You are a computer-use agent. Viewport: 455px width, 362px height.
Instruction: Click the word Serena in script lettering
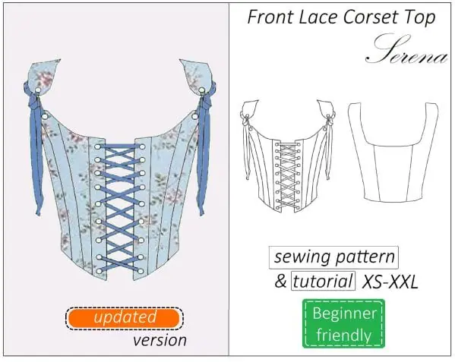coord(406,49)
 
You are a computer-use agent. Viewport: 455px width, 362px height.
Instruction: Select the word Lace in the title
coord(318,17)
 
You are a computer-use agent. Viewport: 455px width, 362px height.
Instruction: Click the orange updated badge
coord(125,318)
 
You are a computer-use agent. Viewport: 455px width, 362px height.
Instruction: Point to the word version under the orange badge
coord(160,340)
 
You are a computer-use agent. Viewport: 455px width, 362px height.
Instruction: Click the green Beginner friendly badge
coord(344,323)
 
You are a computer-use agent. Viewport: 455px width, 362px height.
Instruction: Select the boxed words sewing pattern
coord(333,257)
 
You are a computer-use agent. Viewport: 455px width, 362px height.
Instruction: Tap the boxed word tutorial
coord(323,281)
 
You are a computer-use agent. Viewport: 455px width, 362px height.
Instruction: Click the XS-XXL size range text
coord(390,281)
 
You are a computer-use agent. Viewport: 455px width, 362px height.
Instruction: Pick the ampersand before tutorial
coord(280,281)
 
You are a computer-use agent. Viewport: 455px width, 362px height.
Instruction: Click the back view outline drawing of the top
coord(393,152)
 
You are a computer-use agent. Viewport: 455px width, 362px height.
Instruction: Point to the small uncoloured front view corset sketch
coord(288,156)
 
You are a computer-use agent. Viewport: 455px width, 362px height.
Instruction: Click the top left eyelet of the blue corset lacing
coord(97,146)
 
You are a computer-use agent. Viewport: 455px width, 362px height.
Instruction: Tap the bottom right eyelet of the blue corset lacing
coord(141,272)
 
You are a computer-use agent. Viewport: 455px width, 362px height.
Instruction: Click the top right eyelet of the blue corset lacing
coord(142,146)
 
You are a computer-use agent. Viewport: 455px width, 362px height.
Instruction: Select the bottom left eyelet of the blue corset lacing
coord(99,272)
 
